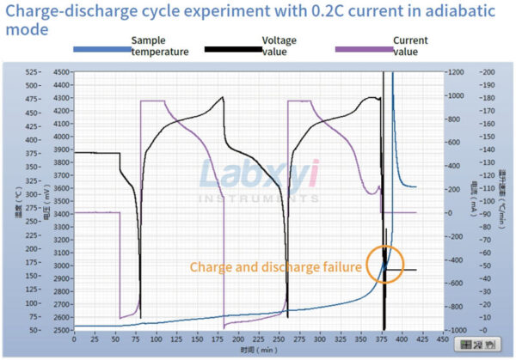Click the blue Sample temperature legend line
[101, 48]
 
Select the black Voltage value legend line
[232, 48]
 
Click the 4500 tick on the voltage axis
[61, 72]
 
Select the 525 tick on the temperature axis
[31, 72]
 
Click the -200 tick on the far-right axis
[490, 72]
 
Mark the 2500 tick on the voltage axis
[61, 330]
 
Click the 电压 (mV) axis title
[46, 201]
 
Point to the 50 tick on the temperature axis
[33, 330]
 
